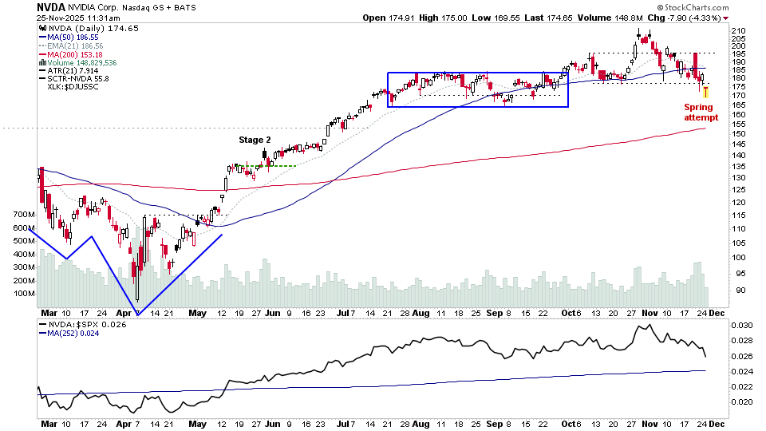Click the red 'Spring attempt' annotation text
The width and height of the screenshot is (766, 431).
701,112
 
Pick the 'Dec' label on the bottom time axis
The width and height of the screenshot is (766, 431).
718,425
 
